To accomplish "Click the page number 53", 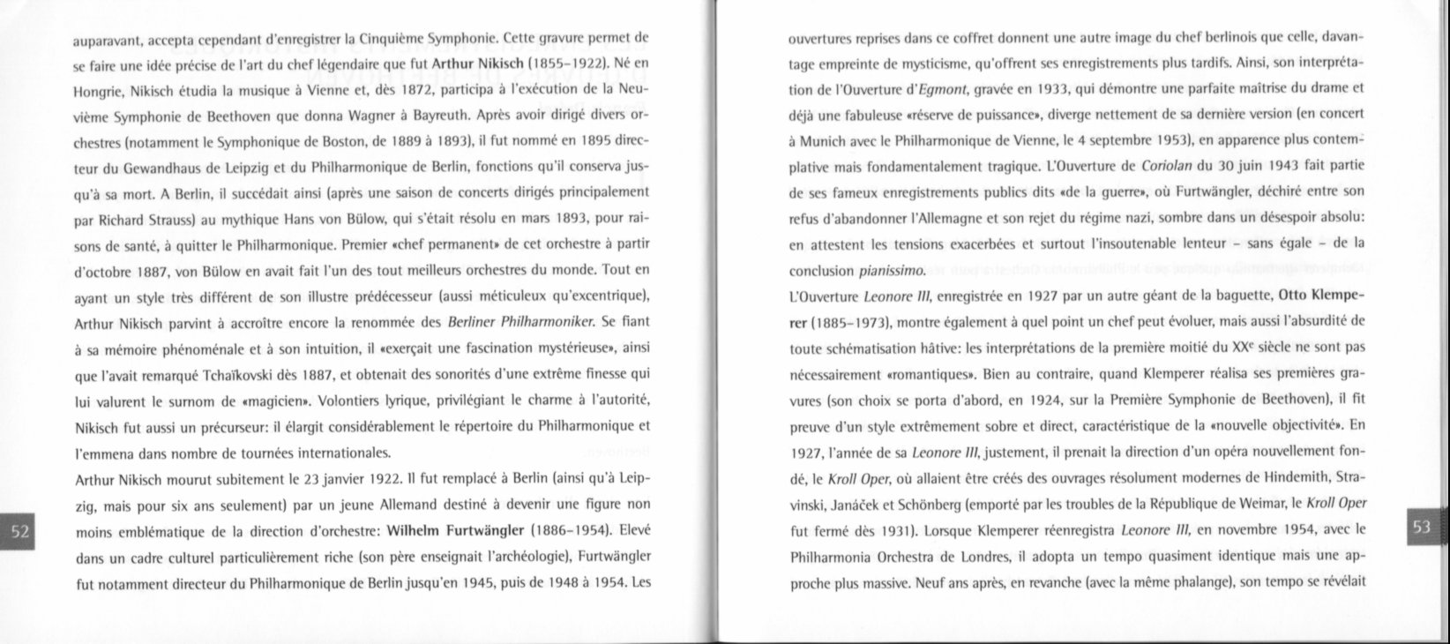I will pos(1421,528).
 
